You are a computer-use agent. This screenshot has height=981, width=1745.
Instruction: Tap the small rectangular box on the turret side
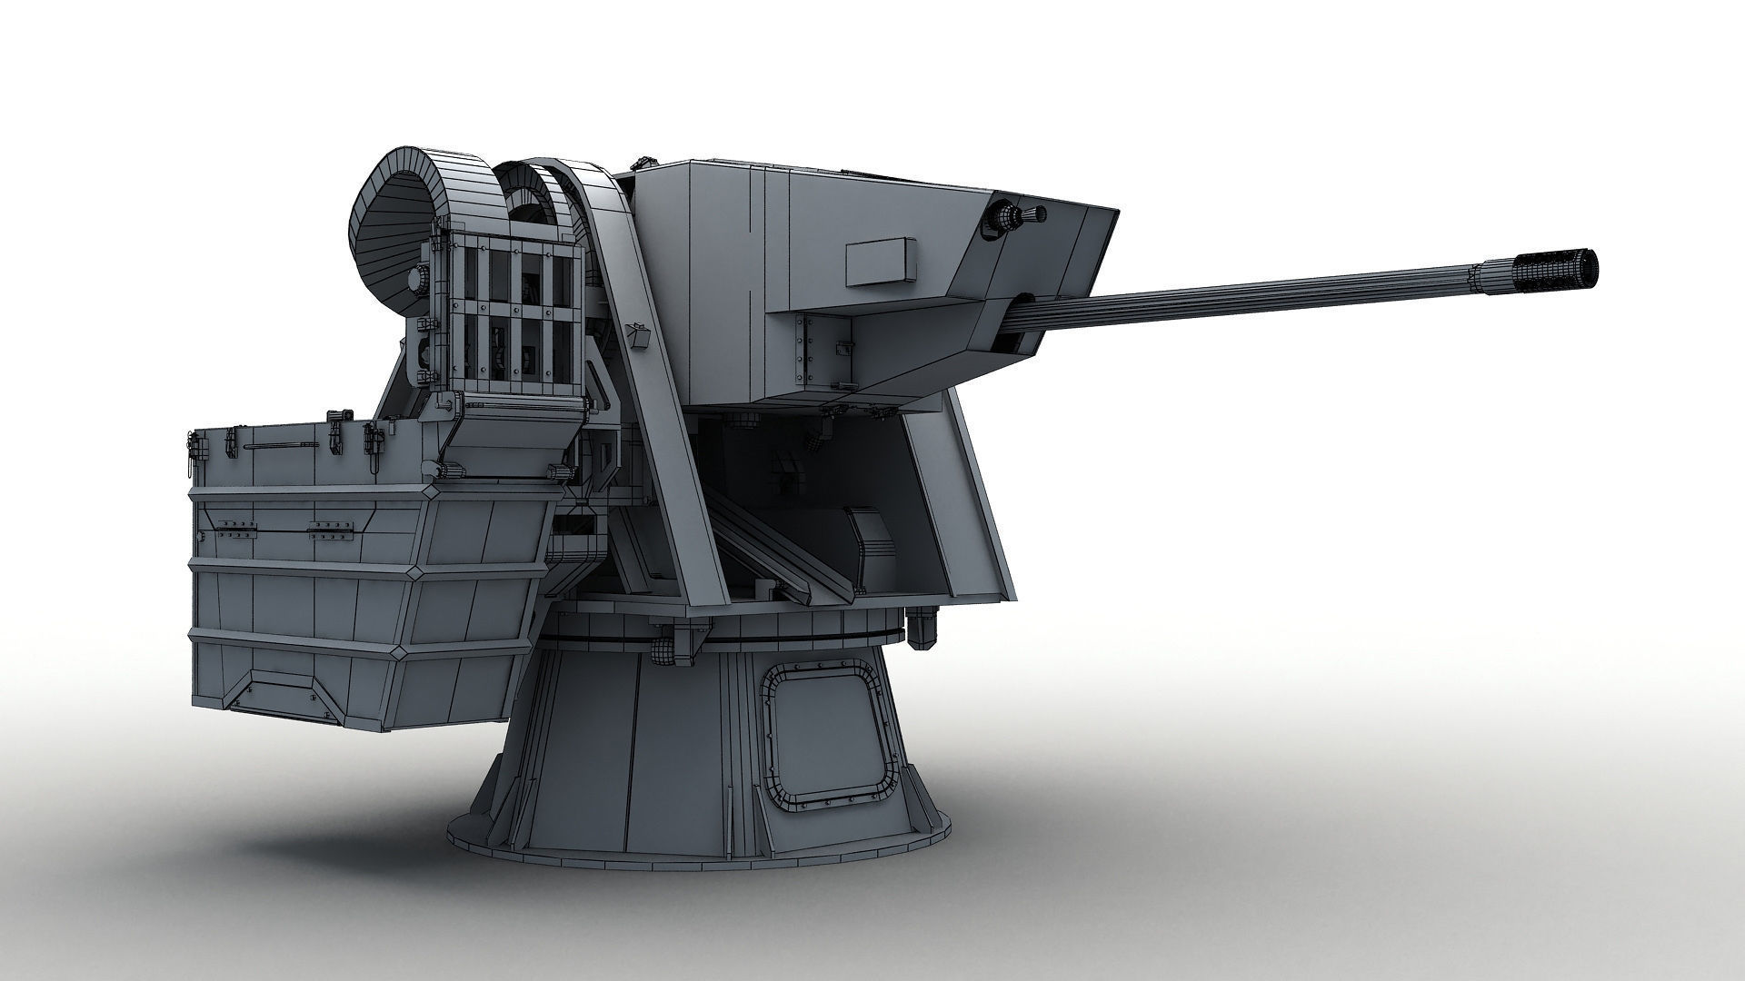879,262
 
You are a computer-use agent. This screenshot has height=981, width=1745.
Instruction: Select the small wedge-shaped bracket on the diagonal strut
640,336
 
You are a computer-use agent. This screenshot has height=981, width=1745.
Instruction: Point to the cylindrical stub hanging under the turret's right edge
922,629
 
